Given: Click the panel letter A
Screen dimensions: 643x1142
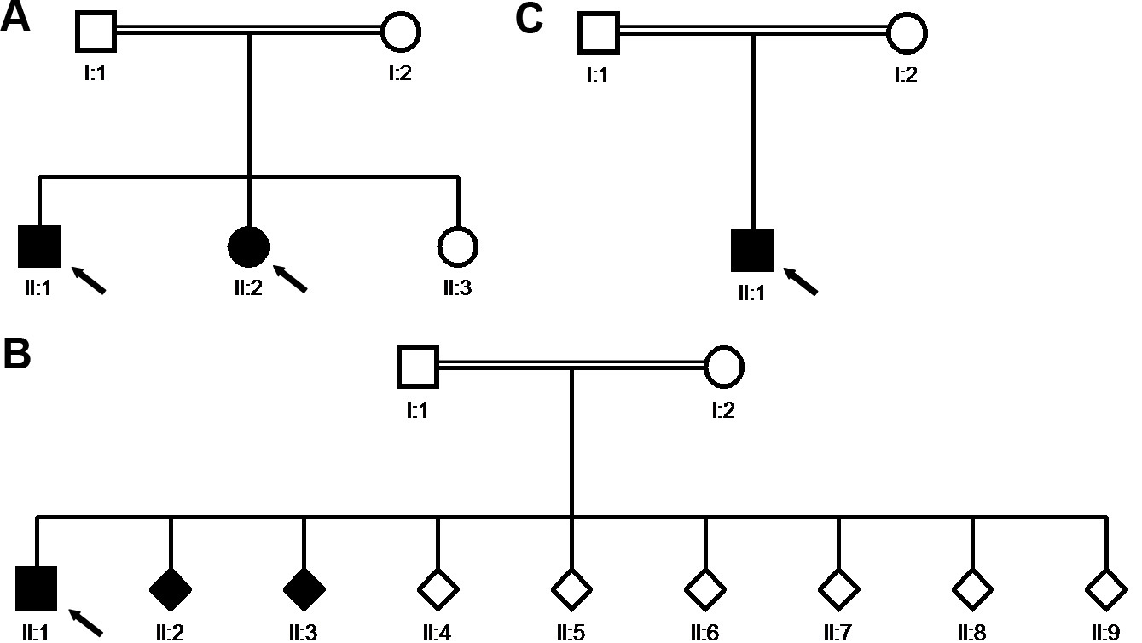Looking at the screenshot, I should [16, 18].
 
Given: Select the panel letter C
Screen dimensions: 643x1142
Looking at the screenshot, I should [529, 18].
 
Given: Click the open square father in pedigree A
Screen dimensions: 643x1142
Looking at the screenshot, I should [96, 32].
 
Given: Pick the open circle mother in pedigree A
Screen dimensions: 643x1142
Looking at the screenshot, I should [400, 32].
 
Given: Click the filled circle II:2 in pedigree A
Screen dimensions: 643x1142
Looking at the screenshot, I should [249, 246].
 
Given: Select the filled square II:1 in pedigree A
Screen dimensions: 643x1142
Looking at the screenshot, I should [39, 246].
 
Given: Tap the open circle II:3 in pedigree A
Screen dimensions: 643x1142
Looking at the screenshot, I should [458, 246].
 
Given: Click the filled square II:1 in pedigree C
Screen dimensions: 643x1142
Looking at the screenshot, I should [752, 251].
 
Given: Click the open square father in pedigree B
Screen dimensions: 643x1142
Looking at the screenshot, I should [418, 367].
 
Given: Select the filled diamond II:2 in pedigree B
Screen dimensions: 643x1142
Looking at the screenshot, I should [171, 589].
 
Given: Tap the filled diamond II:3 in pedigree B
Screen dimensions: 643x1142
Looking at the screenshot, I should [304, 589].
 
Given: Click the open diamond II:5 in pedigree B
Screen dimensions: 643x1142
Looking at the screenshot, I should [571, 589].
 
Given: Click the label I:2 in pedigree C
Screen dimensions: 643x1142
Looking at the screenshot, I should [906, 75].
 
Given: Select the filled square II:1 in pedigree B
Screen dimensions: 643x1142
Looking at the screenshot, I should [37, 589].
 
